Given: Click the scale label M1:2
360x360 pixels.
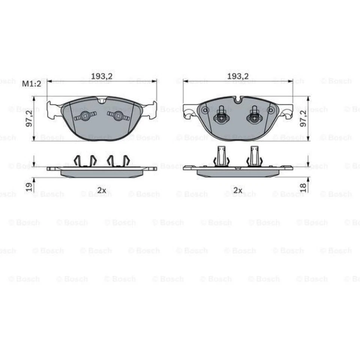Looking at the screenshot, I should pyautogui.click(x=32, y=84).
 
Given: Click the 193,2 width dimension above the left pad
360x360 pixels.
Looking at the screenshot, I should pyautogui.click(x=102, y=76).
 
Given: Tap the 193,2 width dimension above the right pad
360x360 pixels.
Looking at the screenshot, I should pyautogui.click(x=238, y=76).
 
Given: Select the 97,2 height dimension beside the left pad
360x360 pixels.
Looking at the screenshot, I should pyautogui.click(x=29, y=118).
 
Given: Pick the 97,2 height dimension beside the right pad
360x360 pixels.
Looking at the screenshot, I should pyautogui.click(x=304, y=118).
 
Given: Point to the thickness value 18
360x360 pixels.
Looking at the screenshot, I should pyautogui.click(x=304, y=186).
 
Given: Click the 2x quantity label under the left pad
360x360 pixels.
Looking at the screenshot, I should pyautogui.click(x=102, y=190).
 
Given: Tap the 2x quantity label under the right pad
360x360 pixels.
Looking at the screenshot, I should pyautogui.click(x=238, y=190).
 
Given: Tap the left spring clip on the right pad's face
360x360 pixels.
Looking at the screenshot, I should pyautogui.click(x=222, y=116).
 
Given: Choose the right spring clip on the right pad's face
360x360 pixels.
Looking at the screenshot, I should pyautogui.click(x=254, y=116).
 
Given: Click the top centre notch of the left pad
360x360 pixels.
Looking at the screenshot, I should pyautogui.click(x=102, y=100).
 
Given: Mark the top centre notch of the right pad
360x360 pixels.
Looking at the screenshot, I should pyautogui.click(x=238, y=100).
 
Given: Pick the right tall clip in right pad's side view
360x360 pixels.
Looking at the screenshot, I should pyautogui.click(x=254, y=156).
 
